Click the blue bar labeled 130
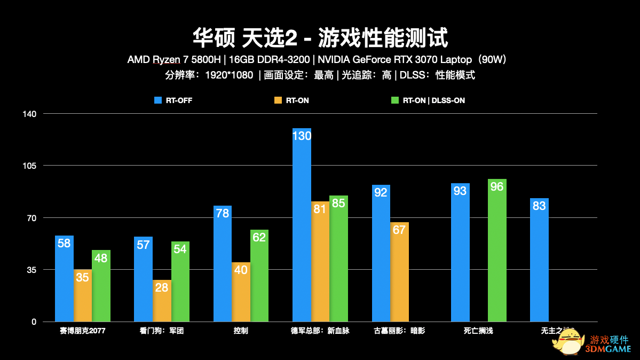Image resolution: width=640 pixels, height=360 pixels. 302,225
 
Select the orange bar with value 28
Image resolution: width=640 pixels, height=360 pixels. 162,301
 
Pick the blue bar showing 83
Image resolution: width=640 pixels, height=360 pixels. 539,260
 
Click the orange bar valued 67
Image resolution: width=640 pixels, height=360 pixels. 399,272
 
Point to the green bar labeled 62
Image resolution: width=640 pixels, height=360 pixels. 259,276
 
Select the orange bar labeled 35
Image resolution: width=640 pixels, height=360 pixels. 83,295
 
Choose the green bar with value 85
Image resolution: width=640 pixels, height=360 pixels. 338,259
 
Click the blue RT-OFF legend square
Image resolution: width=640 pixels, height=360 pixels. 157,100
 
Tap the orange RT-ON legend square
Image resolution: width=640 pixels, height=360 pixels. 278,100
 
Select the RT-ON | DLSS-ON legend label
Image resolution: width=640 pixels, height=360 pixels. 433,100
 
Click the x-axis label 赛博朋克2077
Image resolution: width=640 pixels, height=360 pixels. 83,331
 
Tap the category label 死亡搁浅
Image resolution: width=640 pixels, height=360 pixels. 478,331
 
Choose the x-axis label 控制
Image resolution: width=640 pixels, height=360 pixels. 241,331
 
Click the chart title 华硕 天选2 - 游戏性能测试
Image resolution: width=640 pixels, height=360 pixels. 320,37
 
